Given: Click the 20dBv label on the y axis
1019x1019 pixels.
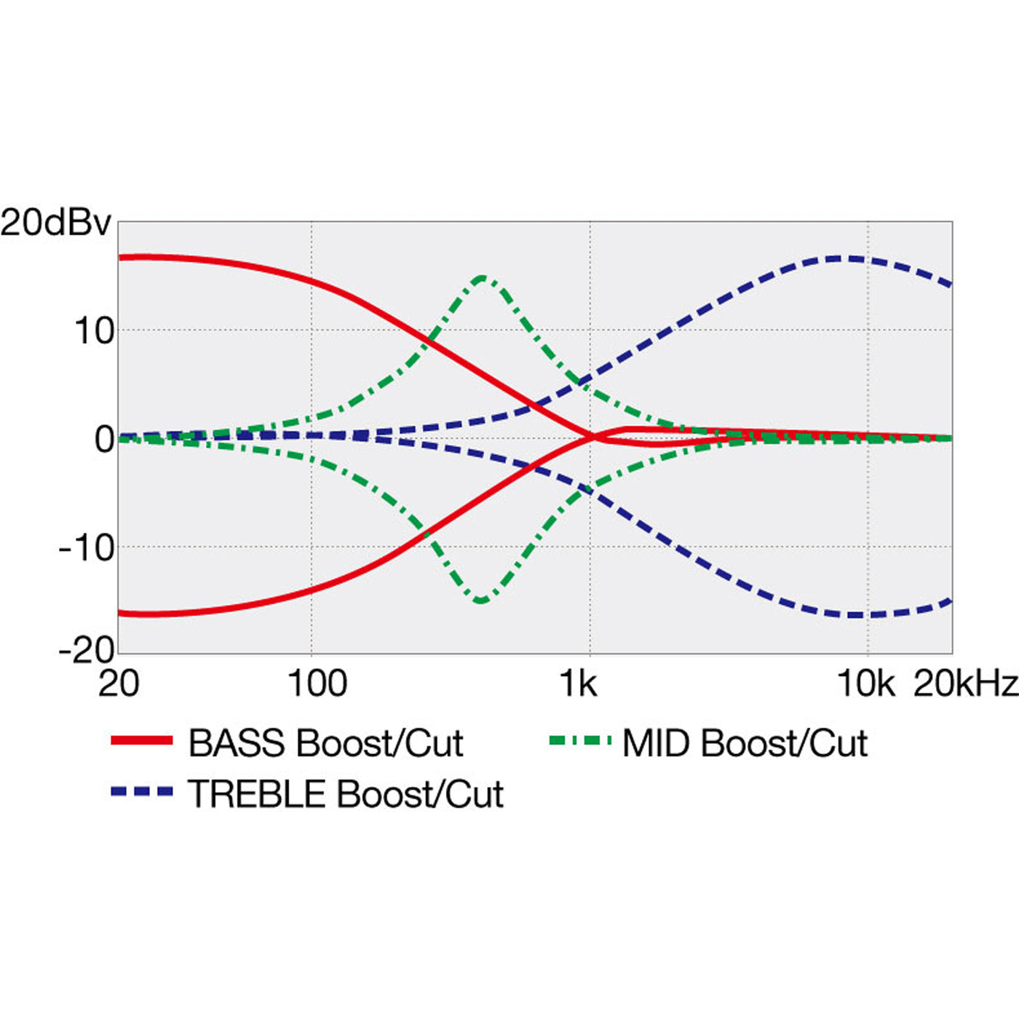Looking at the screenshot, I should (55, 223).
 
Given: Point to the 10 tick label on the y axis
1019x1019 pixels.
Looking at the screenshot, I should (95, 332).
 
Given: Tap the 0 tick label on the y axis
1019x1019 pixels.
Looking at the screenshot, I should (105, 440).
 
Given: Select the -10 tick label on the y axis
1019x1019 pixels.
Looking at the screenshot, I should (87, 547).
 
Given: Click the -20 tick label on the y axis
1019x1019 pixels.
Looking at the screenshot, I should (87, 649).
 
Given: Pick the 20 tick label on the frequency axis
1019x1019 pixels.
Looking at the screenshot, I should (118, 684).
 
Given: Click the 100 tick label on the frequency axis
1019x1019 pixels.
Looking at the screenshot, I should (317, 684).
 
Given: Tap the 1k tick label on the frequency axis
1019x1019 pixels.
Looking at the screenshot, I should (578, 684).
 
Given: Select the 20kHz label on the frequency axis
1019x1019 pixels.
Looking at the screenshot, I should (966, 684).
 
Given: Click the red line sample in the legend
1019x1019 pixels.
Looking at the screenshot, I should (142, 741).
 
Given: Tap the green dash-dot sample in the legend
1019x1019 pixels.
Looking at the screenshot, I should (579, 741).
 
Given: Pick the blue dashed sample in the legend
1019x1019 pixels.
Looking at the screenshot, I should (142, 791).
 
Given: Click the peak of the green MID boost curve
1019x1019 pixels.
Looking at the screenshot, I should (482, 277).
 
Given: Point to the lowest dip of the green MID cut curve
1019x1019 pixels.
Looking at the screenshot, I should (481, 600).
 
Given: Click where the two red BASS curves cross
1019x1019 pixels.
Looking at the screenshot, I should (594, 437).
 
